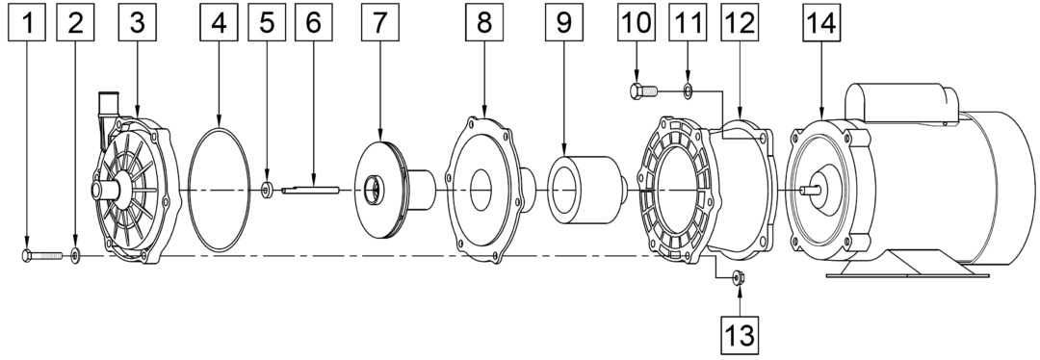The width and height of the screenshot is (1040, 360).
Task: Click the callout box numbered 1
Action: [x=27, y=22]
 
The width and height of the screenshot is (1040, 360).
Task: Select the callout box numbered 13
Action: [x=739, y=336]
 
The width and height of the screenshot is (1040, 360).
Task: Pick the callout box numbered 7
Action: [x=380, y=22]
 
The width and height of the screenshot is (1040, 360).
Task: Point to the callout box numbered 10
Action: [x=637, y=22]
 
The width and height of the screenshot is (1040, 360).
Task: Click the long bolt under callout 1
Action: [x=42, y=255]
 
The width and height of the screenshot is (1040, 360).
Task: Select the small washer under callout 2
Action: [x=75, y=255]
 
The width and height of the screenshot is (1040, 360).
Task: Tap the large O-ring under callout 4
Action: [x=220, y=191]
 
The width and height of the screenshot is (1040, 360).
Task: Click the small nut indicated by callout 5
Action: [x=267, y=191]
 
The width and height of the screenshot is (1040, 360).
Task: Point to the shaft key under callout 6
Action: [x=310, y=191]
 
